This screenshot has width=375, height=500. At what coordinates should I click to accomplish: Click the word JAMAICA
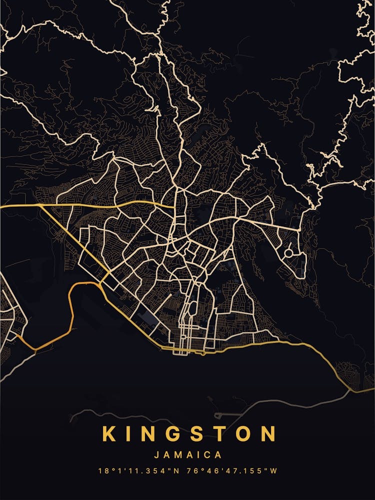[188, 455]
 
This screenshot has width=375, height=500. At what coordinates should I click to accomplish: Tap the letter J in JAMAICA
[157, 455]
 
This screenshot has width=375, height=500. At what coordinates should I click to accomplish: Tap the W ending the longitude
[274, 471]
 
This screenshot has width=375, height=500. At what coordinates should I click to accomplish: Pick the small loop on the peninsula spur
[218, 415]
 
